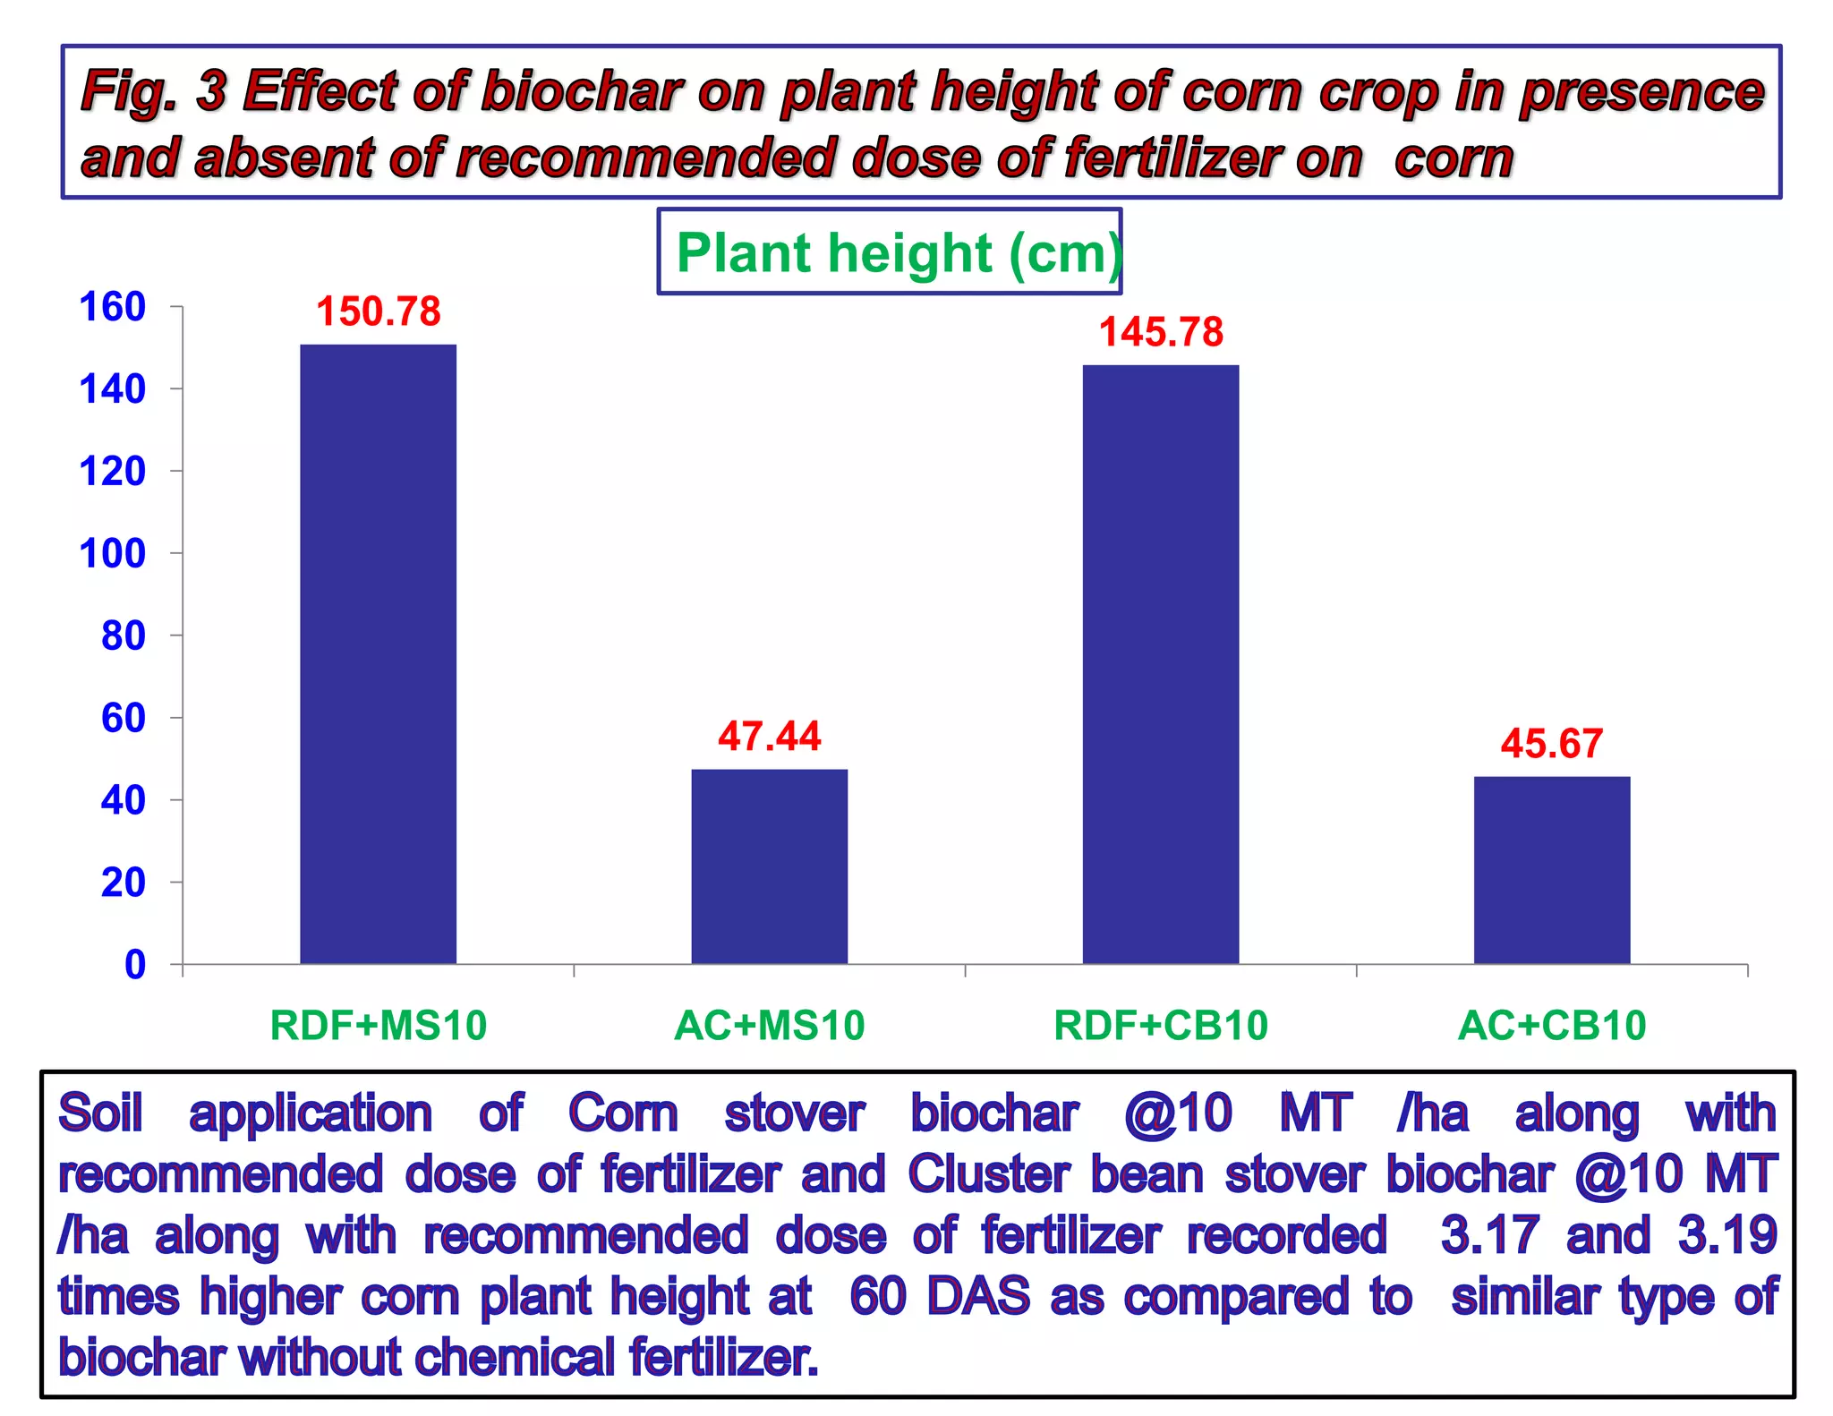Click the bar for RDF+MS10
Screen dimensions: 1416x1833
[x=378, y=653]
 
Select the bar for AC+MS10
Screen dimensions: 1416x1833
[x=769, y=866]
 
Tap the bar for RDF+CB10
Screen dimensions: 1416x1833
[x=1160, y=663]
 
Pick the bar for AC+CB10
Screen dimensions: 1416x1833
[x=1551, y=869]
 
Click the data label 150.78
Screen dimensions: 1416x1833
[x=379, y=311]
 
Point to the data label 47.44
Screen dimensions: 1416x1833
[x=769, y=737]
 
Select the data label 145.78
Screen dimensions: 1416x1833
[x=1161, y=332]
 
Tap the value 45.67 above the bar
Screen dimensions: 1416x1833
[x=1551, y=744]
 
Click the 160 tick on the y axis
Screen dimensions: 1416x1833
[x=113, y=307]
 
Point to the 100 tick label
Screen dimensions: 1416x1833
[x=113, y=554]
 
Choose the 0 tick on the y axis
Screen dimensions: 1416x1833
[x=135, y=965]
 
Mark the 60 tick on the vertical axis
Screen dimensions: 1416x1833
[x=124, y=718]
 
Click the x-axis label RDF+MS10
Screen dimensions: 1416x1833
[x=378, y=1026]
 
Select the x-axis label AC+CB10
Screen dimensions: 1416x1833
[x=1551, y=1026]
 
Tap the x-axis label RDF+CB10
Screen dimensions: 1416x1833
[x=1160, y=1026]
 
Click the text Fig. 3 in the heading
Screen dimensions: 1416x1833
[x=153, y=91]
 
